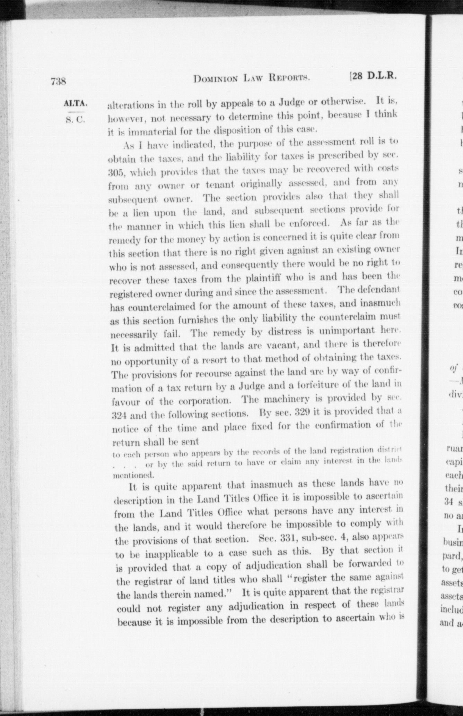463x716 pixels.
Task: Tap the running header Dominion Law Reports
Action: coord(252,79)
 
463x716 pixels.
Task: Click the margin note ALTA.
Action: coord(75,103)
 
